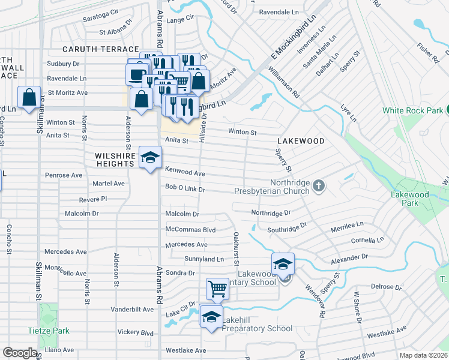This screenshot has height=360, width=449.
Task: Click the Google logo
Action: pos(20,353)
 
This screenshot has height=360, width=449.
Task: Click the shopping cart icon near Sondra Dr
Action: pos(217,289)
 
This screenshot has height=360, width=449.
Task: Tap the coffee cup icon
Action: pos(136,74)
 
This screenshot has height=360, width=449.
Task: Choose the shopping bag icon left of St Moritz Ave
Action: pos(29,97)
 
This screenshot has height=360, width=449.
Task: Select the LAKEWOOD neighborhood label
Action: pos(301,141)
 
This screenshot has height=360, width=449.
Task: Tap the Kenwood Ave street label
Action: pos(185,173)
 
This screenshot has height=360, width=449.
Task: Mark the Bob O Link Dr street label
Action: pos(185,189)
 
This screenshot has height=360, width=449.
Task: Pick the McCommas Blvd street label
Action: pos(190,229)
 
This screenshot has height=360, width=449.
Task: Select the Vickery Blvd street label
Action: pos(131,332)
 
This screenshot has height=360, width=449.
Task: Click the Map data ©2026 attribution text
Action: pos(424,355)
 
